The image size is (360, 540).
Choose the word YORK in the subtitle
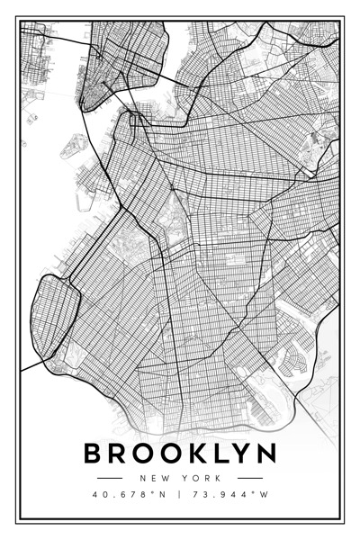tap(201, 477)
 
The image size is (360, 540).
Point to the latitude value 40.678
tap(118, 494)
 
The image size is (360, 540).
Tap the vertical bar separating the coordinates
tap(180, 494)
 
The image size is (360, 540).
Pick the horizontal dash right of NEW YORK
tap(250, 477)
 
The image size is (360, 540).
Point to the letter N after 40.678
tap(158, 494)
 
